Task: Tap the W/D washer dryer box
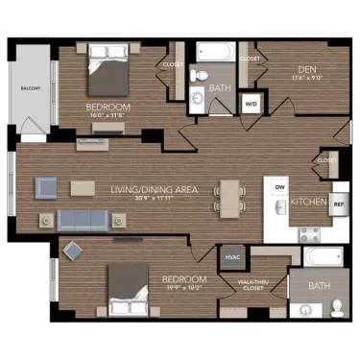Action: pyautogui.click(x=252, y=104)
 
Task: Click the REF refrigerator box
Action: pyautogui.click(x=338, y=204)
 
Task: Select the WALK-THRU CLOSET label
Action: pyautogui.click(x=253, y=284)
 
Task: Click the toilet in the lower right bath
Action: pyautogui.click(x=337, y=306)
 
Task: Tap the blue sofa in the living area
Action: pyautogui.click(x=85, y=220)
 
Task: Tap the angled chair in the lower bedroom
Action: pyautogui.click(x=73, y=252)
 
